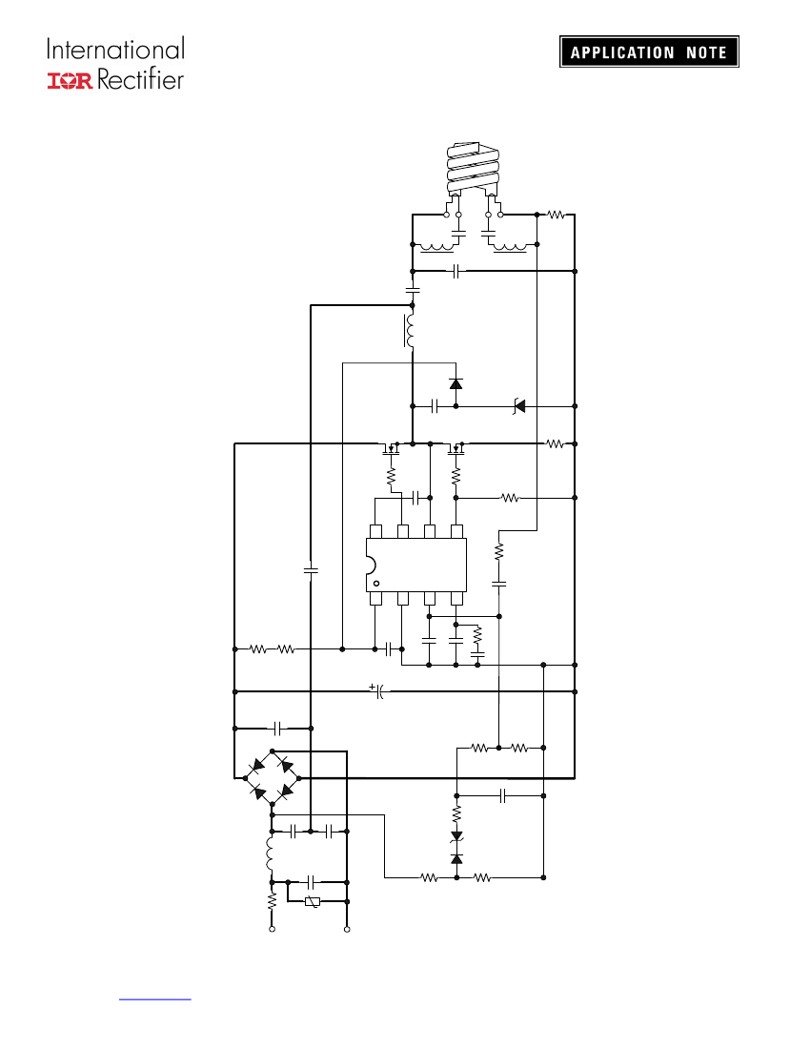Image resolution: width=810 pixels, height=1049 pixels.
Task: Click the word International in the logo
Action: [115, 50]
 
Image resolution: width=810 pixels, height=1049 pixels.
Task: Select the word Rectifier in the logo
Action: [140, 79]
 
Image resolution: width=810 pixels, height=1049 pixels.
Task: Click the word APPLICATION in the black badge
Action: [622, 52]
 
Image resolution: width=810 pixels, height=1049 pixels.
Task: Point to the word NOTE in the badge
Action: [706, 52]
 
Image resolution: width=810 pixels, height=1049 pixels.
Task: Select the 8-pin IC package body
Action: [415, 565]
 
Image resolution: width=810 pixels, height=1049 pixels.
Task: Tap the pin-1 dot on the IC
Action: [376, 584]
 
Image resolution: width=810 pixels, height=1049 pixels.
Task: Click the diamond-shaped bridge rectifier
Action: [272, 778]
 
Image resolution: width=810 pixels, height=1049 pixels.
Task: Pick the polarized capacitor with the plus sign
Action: [378, 691]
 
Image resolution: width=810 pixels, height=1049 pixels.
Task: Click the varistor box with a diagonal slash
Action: [313, 902]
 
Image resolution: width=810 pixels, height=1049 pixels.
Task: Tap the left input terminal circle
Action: [272, 929]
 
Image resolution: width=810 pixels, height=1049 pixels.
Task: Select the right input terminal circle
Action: [347, 929]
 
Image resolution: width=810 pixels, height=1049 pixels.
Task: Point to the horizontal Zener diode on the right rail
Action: [518, 406]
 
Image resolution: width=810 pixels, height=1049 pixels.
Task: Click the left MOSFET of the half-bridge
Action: [390, 447]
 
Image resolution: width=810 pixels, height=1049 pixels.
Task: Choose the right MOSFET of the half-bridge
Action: [456, 447]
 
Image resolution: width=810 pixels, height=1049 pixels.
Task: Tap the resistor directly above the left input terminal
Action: [272, 901]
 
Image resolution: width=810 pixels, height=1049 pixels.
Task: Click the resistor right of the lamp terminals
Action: [556, 215]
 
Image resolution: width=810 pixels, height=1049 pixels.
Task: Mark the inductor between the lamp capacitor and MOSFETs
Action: [409, 331]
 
